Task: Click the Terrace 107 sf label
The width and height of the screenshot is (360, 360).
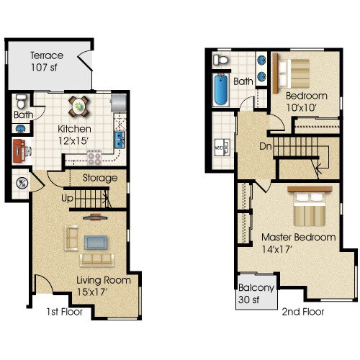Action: [47, 61]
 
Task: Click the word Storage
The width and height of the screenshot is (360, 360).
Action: [99, 178]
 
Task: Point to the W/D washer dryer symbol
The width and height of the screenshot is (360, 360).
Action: [220, 148]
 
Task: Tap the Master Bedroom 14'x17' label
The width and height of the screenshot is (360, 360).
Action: [298, 243]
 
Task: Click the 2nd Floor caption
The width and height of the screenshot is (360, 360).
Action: [303, 312]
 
